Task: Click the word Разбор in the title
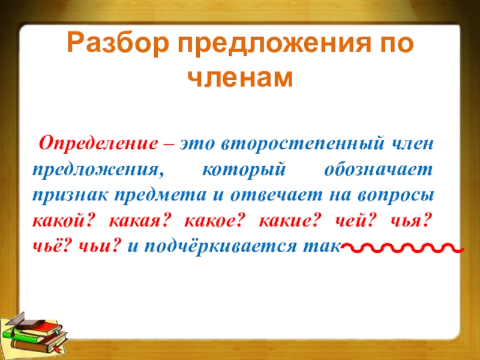coord(118,44)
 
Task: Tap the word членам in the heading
coord(241,79)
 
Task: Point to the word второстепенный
coord(302,144)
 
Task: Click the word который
coord(244,170)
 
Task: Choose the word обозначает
coord(379,170)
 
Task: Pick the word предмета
coord(160,196)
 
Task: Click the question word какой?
coord(62,221)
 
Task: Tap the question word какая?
coord(139,221)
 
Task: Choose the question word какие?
coord(290,221)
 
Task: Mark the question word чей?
coord(354,221)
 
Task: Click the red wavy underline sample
coord(403,248)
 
